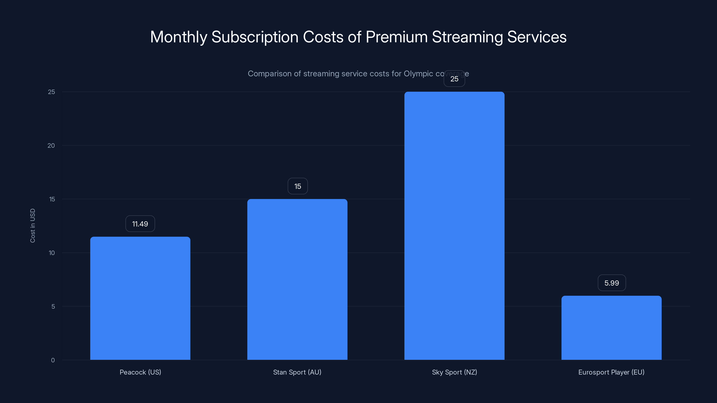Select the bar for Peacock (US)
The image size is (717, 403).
[x=140, y=298]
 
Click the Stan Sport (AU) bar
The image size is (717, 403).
[x=297, y=279]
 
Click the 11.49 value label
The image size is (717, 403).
[x=140, y=224]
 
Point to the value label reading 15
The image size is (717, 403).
[x=298, y=186]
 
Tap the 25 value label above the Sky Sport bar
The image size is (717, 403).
[x=454, y=79]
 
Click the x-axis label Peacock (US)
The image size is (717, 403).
[x=140, y=372]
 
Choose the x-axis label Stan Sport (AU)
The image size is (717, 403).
[x=297, y=372]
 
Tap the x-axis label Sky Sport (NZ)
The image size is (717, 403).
[x=454, y=372]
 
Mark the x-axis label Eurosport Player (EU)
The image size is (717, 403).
[x=611, y=372]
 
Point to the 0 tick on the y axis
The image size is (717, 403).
[x=53, y=360]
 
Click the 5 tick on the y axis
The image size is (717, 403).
[x=53, y=307]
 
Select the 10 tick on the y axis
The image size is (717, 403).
[x=52, y=253]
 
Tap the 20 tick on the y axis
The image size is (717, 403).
[x=51, y=146]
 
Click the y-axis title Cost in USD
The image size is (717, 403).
[x=32, y=225]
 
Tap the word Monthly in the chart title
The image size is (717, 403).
[x=179, y=37]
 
